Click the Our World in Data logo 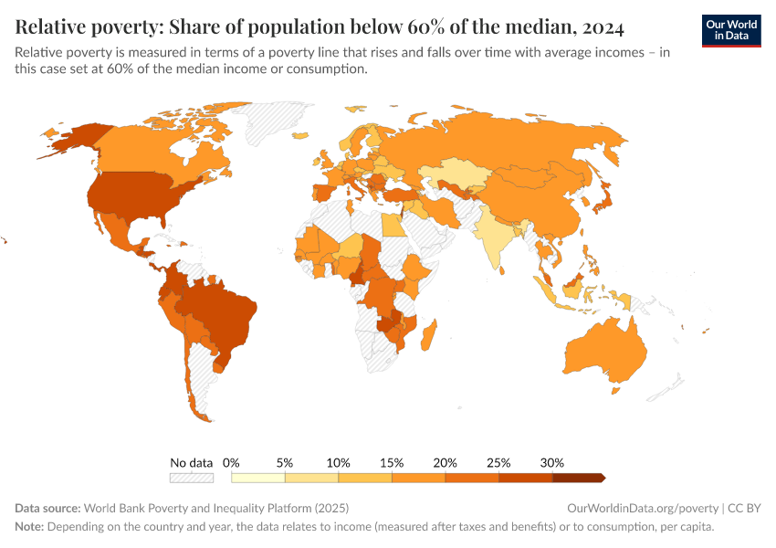click(x=731, y=30)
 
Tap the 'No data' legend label click(x=192, y=462)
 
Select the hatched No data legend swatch click(x=192, y=477)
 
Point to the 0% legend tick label click(x=232, y=462)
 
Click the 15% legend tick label click(x=392, y=462)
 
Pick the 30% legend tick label click(x=552, y=462)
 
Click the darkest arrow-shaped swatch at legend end click(x=579, y=477)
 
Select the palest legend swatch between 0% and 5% click(x=258, y=477)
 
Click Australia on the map click(x=605, y=356)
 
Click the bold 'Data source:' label click(x=47, y=508)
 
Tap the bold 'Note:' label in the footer click(x=30, y=527)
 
